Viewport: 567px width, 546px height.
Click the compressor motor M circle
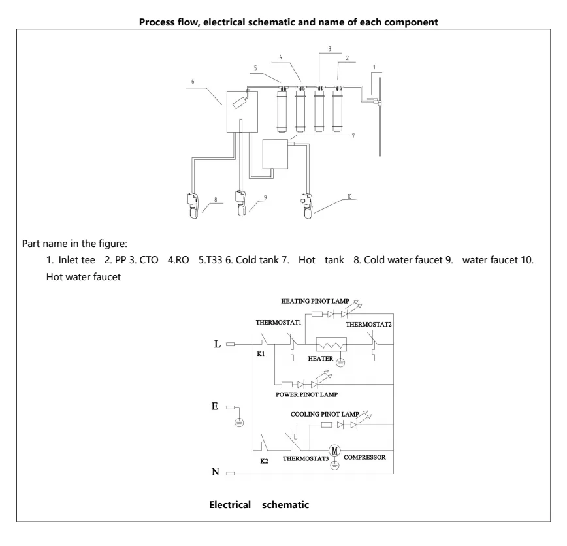pyautogui.click(x=335, y=450)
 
